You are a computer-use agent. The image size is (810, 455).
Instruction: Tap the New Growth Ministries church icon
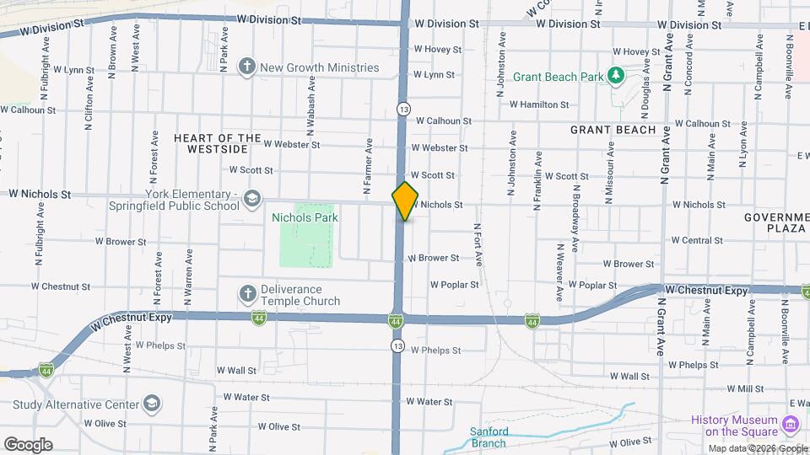coord(247,67)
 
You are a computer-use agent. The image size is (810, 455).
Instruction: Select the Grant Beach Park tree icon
coord(617,77)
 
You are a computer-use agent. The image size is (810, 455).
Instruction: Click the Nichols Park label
coord(305,217)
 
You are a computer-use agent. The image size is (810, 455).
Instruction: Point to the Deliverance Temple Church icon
coord(247,294)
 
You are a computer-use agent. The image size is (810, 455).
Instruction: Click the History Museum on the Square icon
coord(791,420)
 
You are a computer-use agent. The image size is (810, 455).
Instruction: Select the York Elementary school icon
coord(251,199)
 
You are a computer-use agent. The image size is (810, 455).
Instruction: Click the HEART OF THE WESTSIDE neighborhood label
coord(218,143)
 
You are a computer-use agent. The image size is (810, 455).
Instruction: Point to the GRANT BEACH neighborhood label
coord(613,130)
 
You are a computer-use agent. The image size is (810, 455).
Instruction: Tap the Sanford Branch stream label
coord(488,437)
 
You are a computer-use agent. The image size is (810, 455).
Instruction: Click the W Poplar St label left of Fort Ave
coord(454,285)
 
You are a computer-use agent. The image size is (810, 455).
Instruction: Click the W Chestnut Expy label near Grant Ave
coord(706,290)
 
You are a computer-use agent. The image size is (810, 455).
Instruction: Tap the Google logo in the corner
coord(28,445)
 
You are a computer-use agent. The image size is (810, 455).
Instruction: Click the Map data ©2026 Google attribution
coord(757,448)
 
